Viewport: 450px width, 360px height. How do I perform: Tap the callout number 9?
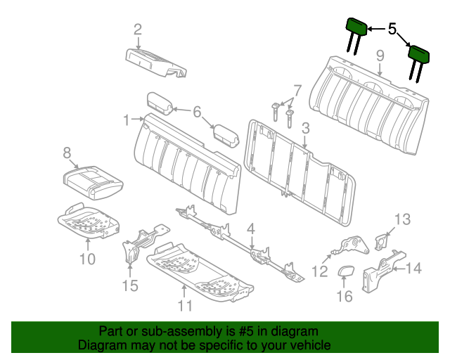coord(380,55)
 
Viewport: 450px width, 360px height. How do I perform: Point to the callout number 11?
coord(184,305)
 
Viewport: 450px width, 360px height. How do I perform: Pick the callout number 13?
coord(401,219)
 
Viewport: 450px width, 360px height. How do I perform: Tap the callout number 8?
coord(67,152)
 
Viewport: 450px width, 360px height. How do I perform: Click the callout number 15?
coord(130,285)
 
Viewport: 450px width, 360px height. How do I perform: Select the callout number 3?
coord(305,128)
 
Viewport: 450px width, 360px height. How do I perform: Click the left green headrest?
coord(356,26)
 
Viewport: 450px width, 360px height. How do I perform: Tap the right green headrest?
coord(419,55)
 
